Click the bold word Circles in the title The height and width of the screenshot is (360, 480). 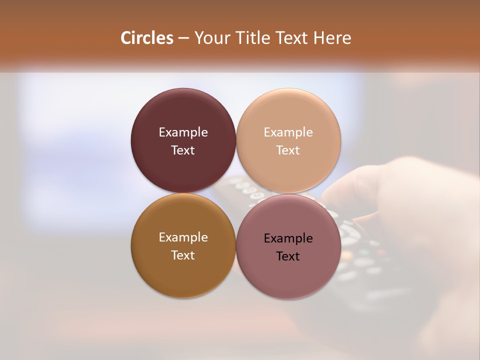coord(147,38)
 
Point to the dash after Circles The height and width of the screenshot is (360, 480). coord(183,38)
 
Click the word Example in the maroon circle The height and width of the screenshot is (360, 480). coord(183,132)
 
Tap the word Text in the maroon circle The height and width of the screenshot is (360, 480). coord(183,150)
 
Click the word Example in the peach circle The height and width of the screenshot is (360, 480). coord(288,132)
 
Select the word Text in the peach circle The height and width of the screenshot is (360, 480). coord(288,150)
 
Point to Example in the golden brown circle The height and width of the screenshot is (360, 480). coord(183,237)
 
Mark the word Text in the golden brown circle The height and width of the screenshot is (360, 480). coord(183,255)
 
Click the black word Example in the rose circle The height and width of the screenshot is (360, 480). coord(288,238)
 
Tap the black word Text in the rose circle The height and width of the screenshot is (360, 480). coord(288,256)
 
